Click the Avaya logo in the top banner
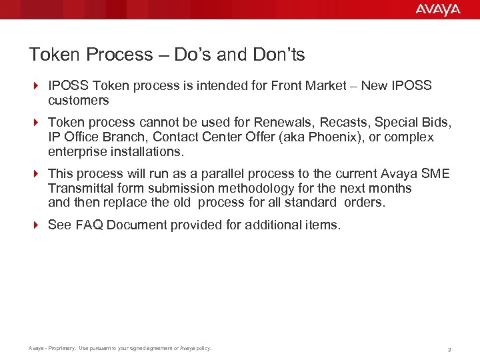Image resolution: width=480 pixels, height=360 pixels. click(x=437, y=9)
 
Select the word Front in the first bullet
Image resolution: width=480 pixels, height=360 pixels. click(x=289, y=86)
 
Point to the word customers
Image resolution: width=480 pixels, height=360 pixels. click(x=78, y=101)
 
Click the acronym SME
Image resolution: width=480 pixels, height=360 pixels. click(x=436, y=174)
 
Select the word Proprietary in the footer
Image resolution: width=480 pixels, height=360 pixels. click(x=59, y=348)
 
